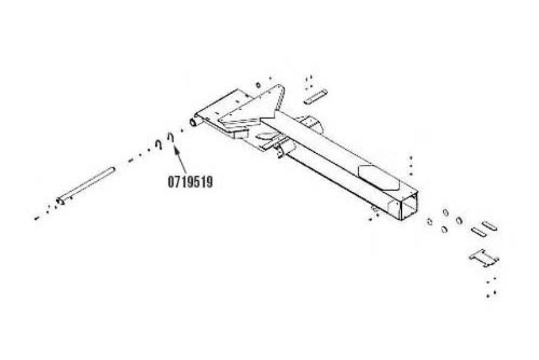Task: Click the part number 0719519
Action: pos(190,182)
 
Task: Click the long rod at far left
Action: pos(86,185)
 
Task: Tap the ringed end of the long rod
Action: pos(60,201)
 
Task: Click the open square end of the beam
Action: pos(410,206)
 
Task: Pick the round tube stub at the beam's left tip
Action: pos(194,122)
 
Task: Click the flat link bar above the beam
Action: pos(315,96)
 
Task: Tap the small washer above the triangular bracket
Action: pos(258,85)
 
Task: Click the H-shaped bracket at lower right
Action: pos(484,258)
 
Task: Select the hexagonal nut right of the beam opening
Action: pos(429,222)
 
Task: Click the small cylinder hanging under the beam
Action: pos(286,149)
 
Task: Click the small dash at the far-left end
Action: pos(37,218)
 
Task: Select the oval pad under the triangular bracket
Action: pos(266,136)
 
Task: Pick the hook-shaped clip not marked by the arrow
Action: pos(159,144)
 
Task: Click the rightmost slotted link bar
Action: pos(489,226)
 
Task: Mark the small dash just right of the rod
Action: pos(131,160)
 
